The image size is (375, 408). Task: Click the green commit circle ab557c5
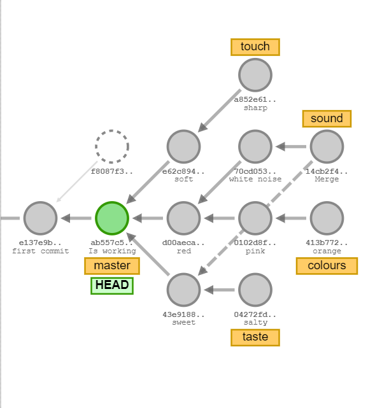tap(112, 218)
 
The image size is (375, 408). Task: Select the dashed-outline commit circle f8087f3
tap(112, 146)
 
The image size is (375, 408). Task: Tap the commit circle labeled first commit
tap(40, 218)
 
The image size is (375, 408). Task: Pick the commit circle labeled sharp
tap(255, 75)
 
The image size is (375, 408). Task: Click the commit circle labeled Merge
tap(327, 146)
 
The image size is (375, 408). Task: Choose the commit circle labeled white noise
tap(255, 146)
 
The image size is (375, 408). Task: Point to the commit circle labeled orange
tap(327, 218)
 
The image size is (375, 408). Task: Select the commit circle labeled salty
tap(255, 290)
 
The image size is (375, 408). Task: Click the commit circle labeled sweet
tap(183, 290)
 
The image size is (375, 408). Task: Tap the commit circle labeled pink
tap(255, 218)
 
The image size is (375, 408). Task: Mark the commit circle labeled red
tap(183, 218)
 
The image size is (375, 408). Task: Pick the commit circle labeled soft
tap(183, 146)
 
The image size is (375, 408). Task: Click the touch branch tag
tap(255, 46)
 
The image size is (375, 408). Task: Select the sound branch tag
tap(327, 118)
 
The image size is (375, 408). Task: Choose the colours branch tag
tap(327, 265)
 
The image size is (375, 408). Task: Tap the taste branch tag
tap(255, 337)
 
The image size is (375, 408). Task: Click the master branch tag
tap(112, 265)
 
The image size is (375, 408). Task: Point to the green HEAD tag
tap(112, 285)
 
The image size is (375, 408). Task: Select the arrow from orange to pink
tap(291, 218)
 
